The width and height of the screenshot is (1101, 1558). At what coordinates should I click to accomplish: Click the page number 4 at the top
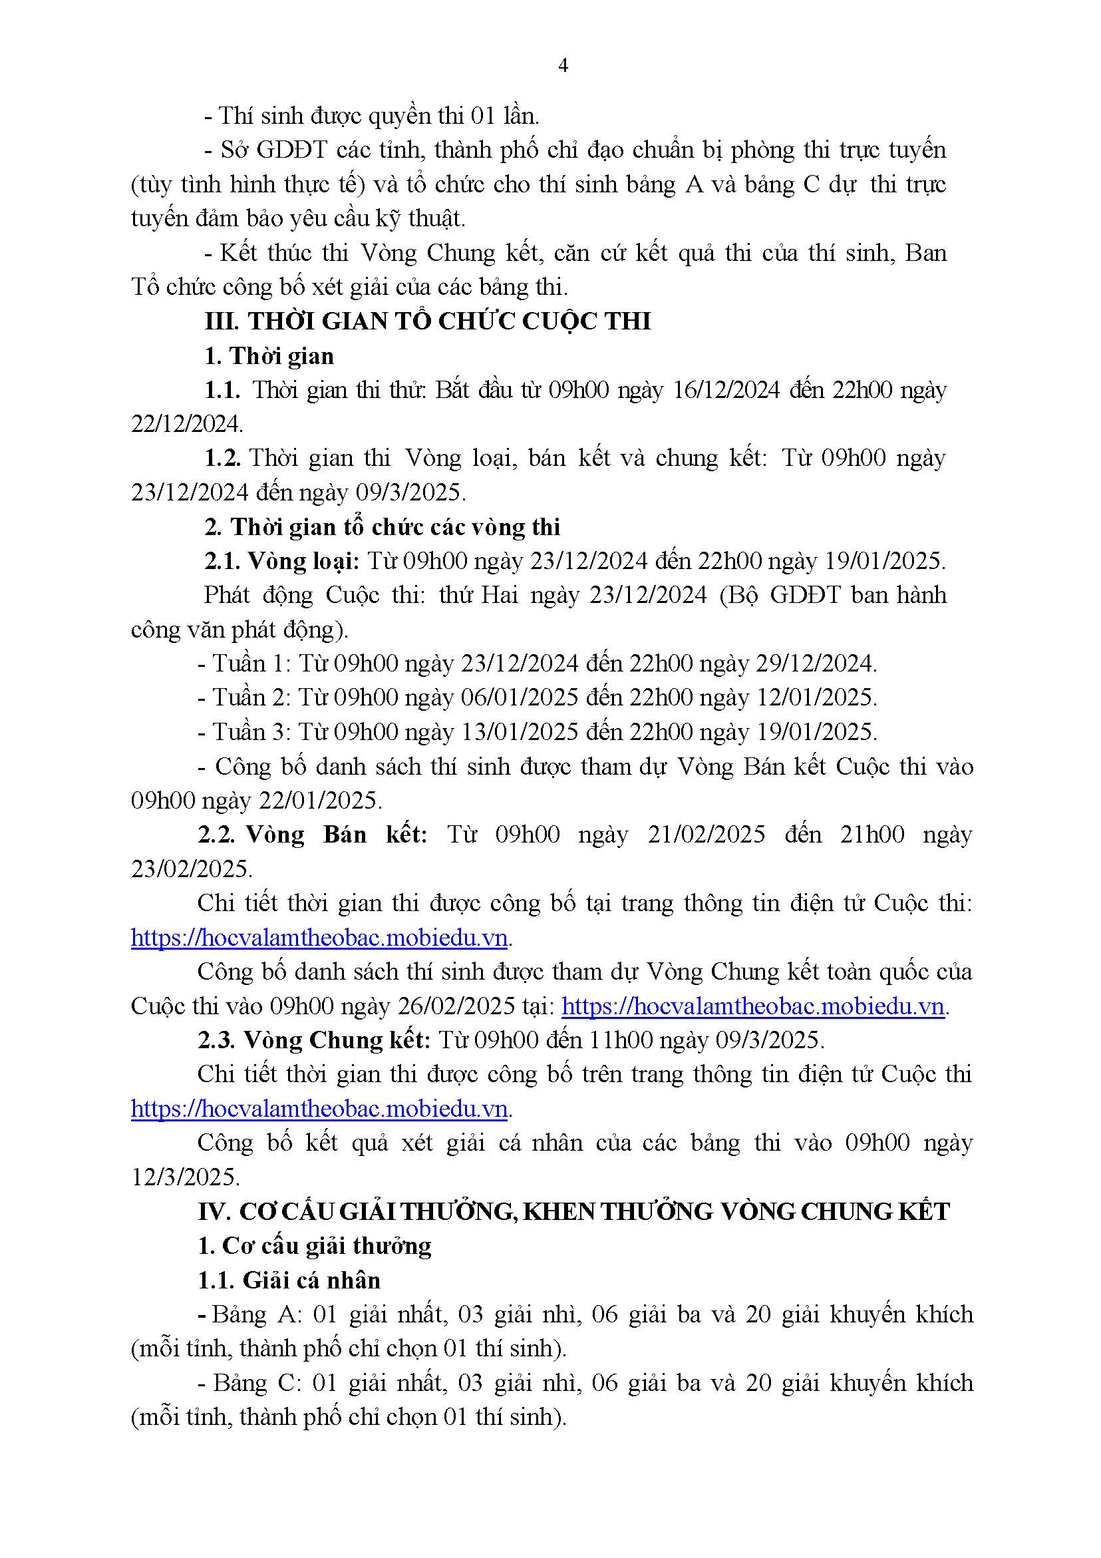562,65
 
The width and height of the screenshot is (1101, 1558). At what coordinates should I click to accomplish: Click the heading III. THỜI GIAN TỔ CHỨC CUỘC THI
427,321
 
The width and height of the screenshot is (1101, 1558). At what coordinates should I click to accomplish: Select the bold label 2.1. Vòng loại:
282,561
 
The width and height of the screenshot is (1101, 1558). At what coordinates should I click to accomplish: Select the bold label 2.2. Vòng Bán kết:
313,835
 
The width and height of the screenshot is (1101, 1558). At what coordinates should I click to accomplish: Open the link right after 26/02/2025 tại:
753,1006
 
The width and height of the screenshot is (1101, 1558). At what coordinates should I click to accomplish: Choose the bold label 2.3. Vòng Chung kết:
314,1040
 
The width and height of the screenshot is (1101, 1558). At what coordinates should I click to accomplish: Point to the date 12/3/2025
185,1177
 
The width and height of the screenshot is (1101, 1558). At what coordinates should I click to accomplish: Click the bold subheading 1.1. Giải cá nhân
289,1280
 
